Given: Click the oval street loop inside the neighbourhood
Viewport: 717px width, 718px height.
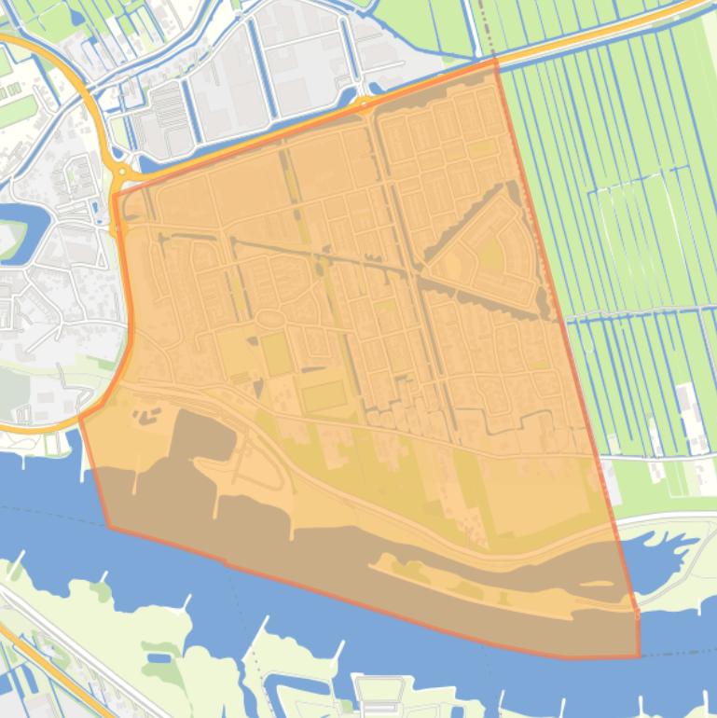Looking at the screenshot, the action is pos(270,320).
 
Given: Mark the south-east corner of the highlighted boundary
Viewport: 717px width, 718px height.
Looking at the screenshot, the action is pos(640,656).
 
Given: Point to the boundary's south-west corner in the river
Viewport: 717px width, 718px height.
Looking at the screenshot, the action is pos(109,527).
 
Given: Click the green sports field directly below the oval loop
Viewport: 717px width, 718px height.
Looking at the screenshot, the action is pos(276,354).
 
